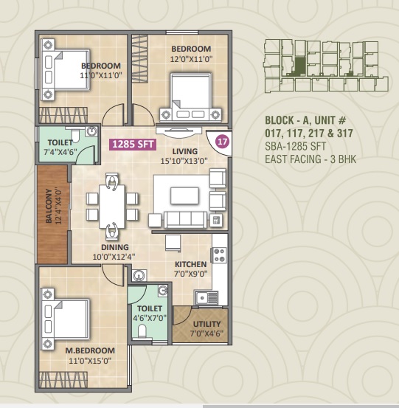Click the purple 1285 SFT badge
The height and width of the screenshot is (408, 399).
(133, 144)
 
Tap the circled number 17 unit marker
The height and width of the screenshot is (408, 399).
(223, 142)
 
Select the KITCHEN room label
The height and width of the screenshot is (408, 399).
(191, 264)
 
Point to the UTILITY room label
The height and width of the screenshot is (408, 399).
(207, 324)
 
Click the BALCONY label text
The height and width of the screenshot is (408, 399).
(49, 206)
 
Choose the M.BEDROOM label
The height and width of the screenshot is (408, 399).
(90, 350)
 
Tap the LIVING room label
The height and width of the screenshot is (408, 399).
(185, 151)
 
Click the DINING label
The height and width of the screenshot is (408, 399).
(115, 247)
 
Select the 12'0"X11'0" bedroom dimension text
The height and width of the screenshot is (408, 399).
(191, 59)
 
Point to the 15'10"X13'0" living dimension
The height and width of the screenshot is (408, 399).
(184, 161)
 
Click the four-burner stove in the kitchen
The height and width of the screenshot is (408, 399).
(220, 255)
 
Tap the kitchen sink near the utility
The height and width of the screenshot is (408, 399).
(207, 297)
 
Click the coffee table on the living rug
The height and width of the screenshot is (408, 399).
(184, 196)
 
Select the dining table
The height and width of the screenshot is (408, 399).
(112, 206)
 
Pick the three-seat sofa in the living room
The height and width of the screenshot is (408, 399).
(185, 220)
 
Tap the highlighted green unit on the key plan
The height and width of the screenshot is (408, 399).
(299, 66)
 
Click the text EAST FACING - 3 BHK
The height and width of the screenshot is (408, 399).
(310, 159)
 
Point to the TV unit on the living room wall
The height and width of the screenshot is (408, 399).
(178, 131)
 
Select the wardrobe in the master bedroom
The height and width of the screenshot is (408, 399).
(63, 379)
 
